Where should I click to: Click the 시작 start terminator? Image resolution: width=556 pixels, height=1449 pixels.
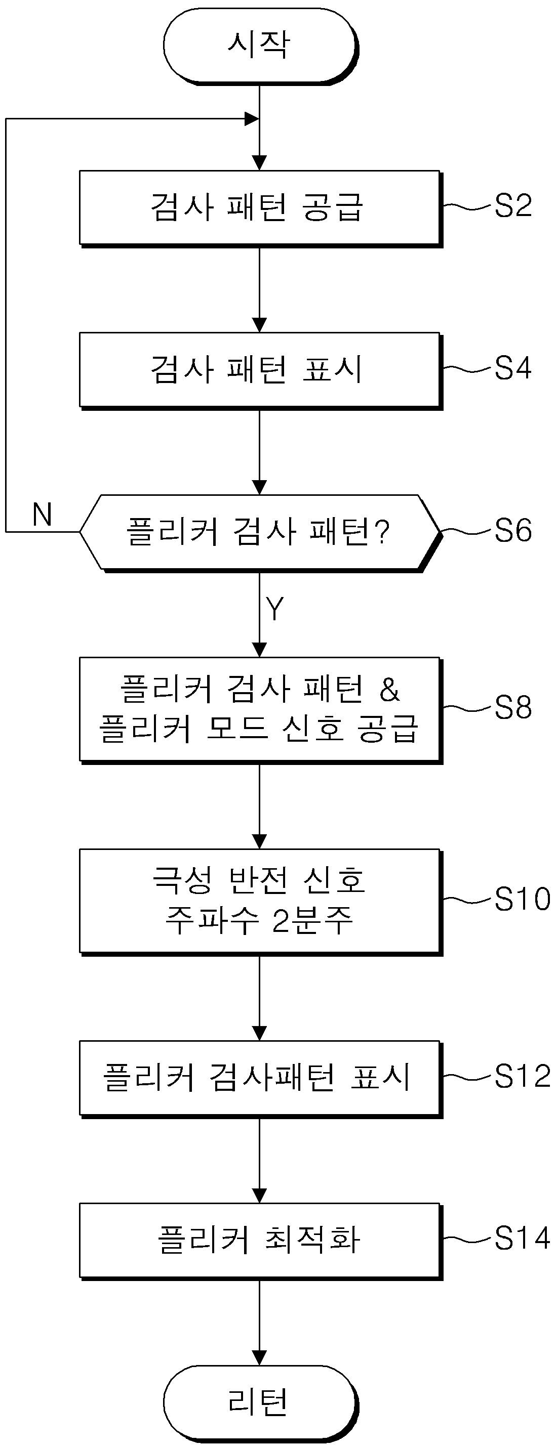tap(259, 45)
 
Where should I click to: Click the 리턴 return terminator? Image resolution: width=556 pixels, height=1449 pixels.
tap(259, 1402)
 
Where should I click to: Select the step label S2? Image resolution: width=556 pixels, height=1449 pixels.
tap(512, 206)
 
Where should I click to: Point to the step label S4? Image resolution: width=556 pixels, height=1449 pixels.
tap(512, 368)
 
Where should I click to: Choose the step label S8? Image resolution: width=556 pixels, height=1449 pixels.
tap(512, 708)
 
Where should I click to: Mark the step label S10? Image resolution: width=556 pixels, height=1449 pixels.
tap(522, 900)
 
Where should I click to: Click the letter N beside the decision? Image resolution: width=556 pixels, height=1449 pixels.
tap(42, 514)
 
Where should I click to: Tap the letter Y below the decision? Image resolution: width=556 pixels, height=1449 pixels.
tap(274, 609)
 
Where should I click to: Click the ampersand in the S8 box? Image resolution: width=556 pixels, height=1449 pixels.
tap(389, 690)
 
